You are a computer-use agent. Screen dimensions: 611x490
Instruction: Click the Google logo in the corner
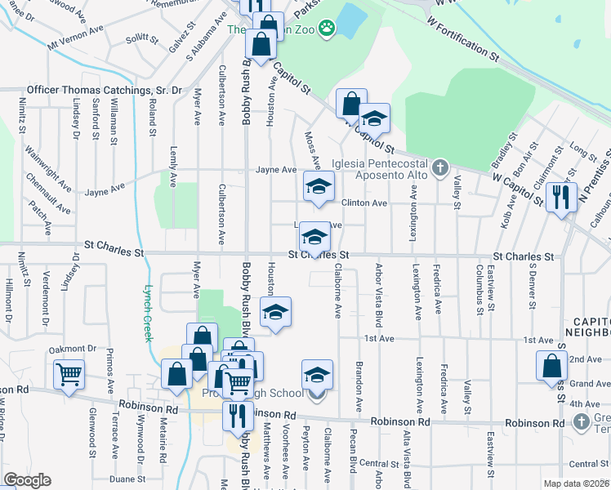(x=27, y=480)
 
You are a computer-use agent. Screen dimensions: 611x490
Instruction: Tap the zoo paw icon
(x=327, y=29)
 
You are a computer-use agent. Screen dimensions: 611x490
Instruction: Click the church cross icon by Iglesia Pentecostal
(x=440, y=168)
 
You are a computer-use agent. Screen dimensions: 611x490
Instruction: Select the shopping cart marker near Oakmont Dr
(x=69, y=374)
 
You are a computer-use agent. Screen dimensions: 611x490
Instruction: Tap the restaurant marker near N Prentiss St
(x=560, y=197)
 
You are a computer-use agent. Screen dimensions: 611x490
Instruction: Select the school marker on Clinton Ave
(x=319, y=186)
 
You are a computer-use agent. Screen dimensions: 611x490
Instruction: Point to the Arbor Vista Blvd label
(x=378, y=292)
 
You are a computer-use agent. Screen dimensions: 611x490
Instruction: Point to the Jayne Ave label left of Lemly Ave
(x=106, y=190)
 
